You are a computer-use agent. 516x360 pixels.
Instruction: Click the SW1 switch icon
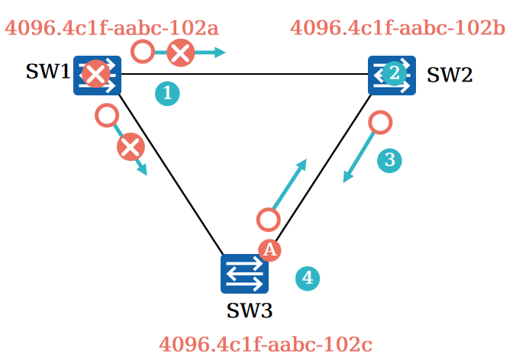[98, 75]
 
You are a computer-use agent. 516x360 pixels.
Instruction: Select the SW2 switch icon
[392, 75]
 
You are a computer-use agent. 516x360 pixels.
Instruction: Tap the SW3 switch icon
[244, 274]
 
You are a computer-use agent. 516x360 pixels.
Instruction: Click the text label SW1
[47, 72]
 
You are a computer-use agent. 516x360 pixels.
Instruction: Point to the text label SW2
[449, 75]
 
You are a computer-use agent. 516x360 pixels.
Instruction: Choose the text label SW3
[249, 311]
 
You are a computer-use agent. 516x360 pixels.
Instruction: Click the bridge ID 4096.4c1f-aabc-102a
[111, 29]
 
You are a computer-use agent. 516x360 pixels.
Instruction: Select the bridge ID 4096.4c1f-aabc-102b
[398, 29]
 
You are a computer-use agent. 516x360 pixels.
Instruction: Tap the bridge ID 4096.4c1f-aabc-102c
[265, 344]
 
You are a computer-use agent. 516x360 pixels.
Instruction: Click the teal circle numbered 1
[168, 93]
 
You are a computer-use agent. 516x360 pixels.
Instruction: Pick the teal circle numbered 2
[393, 73]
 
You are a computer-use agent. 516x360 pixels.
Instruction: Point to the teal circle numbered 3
[389, 160]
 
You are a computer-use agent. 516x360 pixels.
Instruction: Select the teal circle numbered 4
[308, 278]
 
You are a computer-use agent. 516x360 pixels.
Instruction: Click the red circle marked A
[269, 249]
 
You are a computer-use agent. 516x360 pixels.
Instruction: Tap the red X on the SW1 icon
[95, 75]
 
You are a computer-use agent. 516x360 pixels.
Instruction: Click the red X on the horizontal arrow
[180, 53]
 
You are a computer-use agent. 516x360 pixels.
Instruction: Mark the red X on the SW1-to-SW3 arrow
[131, 146]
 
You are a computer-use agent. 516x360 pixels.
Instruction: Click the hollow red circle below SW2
[380, 122]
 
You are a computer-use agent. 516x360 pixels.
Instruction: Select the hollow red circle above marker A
[268, 220]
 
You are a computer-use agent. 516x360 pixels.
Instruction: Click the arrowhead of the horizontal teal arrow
[221, 53]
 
